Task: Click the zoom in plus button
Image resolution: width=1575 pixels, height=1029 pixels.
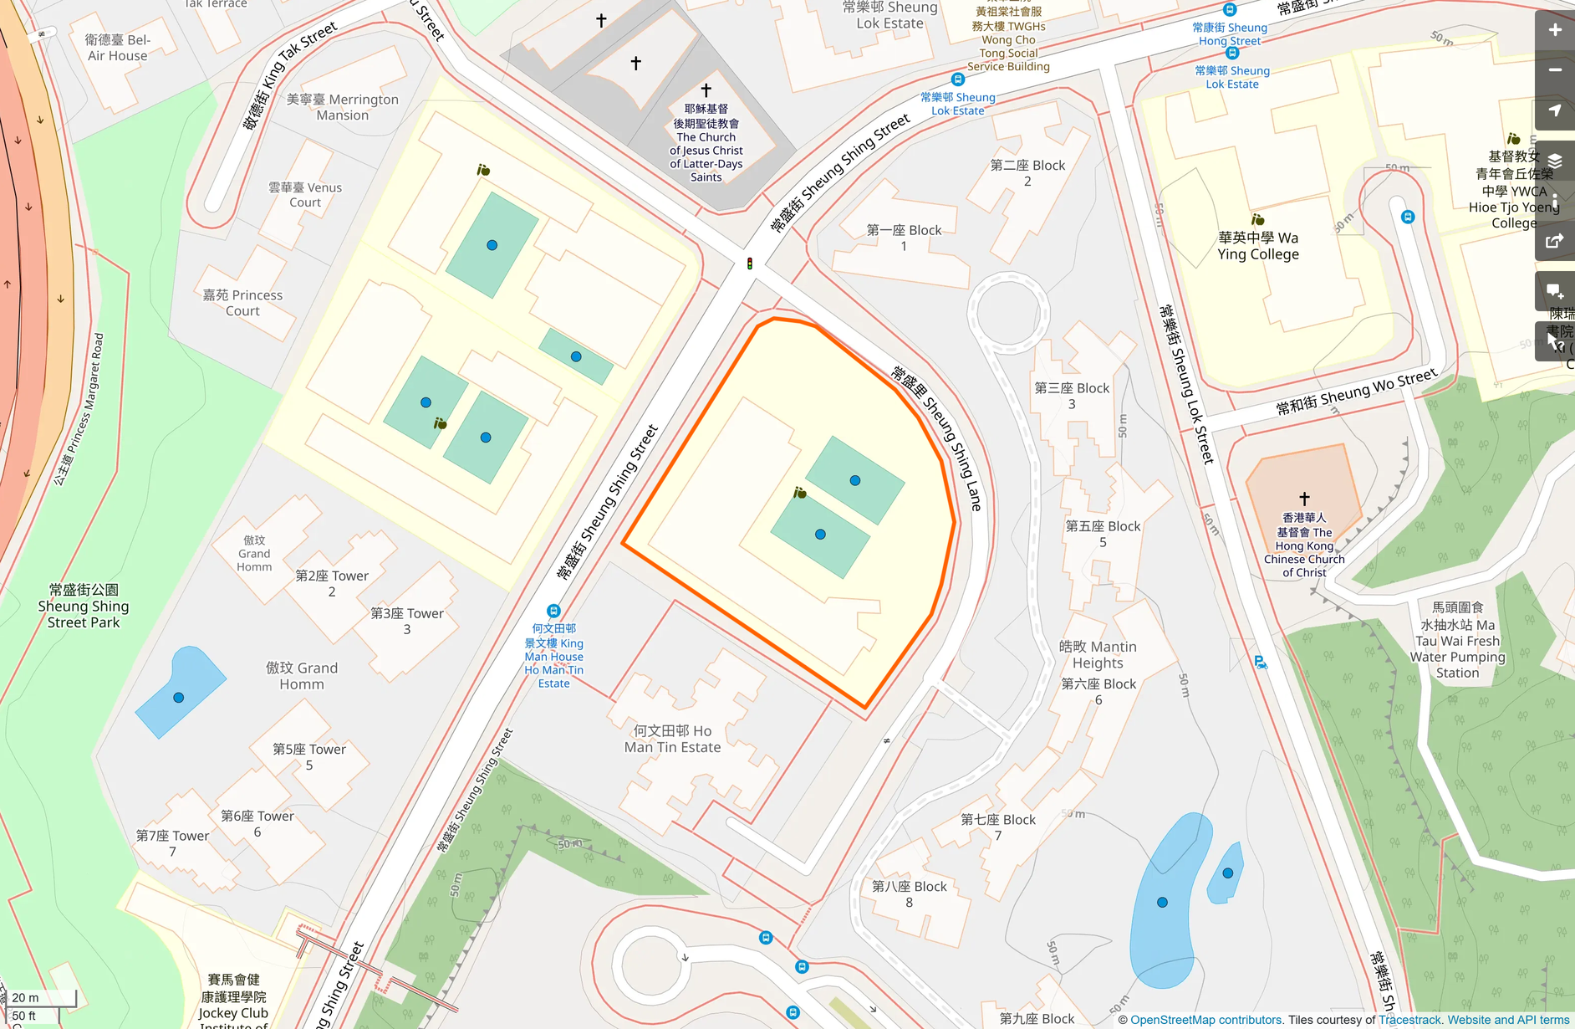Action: pyautogui.click(x=1554, y=30)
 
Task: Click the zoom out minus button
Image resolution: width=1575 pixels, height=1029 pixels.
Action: pyautogui.click(x=1554, y=70)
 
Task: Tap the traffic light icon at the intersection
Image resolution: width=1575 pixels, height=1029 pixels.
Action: pyautogui.click(x=750, y=264)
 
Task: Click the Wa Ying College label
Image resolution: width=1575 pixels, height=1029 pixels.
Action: pyautogui.click(x=1257, y=246)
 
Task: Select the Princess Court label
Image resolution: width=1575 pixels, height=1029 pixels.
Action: pyautogui.click(x=242, y=303)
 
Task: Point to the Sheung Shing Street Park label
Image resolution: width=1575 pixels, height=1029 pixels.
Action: pyautogui.click(x=84, y=606)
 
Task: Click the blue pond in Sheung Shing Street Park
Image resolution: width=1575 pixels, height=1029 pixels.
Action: pyautogui.click(x=179, y=694)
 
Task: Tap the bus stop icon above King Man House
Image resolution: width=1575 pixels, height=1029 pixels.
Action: pyautogui.click(x=553, y=611)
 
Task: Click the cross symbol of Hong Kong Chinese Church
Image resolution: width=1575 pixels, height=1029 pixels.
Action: pyautogui.click(x=1304, y=499)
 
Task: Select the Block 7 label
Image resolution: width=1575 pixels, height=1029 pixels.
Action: pyautogui.click(x=997, y=827)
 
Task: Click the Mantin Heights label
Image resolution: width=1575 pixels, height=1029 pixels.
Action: pyautogui.click(x=1098, y=654)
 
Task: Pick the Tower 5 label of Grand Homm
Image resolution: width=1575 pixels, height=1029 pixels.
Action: pyautogui.click(x=308, y=756)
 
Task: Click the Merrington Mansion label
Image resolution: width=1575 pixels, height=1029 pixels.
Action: pyautogui.click(x=342, y=107)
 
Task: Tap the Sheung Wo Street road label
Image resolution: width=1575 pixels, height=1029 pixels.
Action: pyautogui.click(x=1355, y=392)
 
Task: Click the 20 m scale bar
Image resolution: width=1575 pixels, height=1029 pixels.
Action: pyautogui.click(x=42, y=998)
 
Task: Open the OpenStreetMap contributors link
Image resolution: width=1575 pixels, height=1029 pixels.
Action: pyautogui.click(x=1206, y=1020)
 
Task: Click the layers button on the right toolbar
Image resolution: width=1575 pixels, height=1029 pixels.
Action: pyautogui.click(x=1554, y=161)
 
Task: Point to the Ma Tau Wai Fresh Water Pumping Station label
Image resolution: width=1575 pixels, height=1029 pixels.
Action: pyautogui.click(x=1457, y=640)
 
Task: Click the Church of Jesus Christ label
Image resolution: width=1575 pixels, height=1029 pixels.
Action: pyautogui.click(x=706, y=143)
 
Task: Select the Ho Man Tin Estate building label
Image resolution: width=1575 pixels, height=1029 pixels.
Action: pyautogui.click(x=672, y=739)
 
